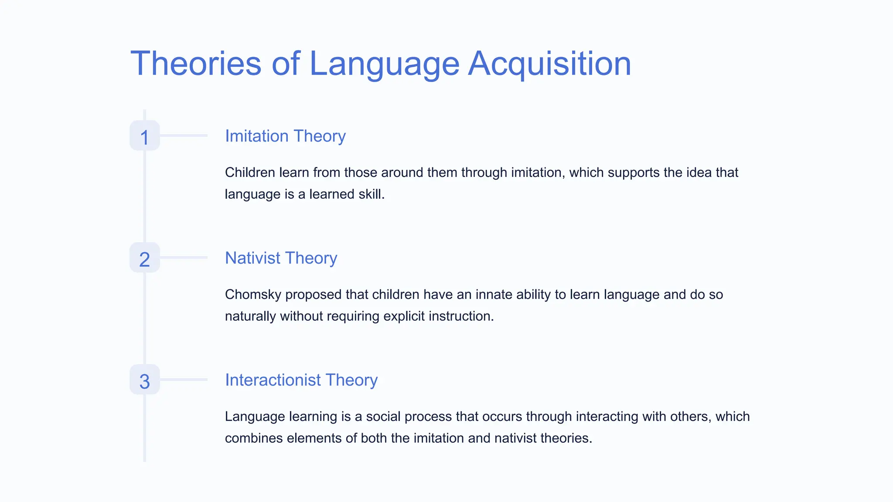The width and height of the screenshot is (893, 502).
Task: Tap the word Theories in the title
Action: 196,64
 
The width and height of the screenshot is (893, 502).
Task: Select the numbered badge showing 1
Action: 145,136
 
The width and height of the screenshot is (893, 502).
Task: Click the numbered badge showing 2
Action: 145,258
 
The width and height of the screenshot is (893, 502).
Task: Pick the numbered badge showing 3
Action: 145,380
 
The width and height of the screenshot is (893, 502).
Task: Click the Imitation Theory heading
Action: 285,136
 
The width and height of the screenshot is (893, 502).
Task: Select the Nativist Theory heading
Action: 281,258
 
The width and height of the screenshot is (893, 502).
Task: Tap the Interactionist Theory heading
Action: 301,380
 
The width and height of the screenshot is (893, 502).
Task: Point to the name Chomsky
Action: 253,295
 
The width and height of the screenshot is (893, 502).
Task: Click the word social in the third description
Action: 383,417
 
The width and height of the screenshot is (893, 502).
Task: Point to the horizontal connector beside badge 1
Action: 183,136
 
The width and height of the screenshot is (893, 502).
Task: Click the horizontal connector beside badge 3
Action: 183,380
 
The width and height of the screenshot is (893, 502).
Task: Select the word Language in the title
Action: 384,64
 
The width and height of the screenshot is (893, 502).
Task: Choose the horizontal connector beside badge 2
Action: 183,258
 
